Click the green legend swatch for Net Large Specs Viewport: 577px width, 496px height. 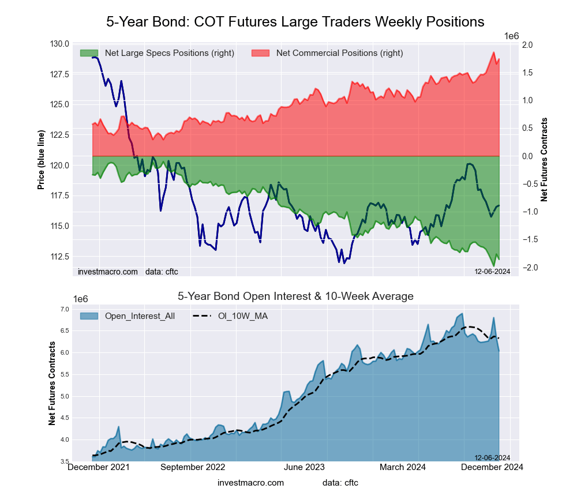pos(89,53)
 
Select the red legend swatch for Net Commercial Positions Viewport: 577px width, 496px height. pos(261,53)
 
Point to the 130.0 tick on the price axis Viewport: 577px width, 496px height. pos(59,44)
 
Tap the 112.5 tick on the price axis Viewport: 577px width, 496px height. pos(59,257)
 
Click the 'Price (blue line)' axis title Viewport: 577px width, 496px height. pos(41,160)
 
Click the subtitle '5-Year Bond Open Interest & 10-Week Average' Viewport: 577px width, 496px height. pos(295,296)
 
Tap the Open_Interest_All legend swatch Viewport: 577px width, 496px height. pos(89,315)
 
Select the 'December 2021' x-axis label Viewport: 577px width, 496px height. pos(99,467)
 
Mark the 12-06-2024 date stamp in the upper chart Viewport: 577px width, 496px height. pos(492,271)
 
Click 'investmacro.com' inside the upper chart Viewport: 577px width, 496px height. pos(108,271)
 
